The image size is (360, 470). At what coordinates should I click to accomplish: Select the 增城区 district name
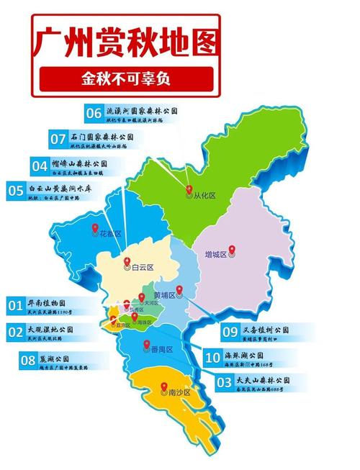coord(215,255)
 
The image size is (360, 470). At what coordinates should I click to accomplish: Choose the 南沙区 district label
coord(178,392)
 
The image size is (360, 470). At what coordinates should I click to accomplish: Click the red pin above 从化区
coord(189,190)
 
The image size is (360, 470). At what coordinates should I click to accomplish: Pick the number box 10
coord(212,357)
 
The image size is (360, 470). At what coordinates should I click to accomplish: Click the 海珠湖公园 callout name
coord(243,356)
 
